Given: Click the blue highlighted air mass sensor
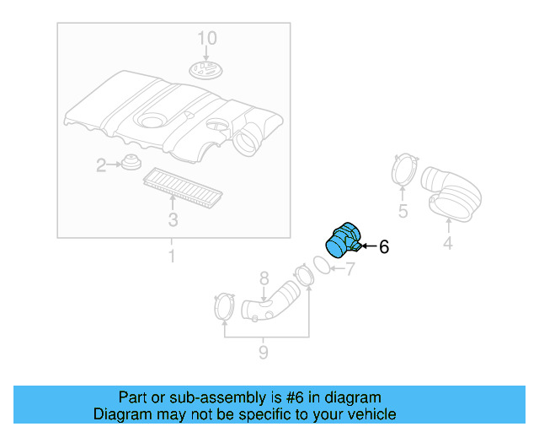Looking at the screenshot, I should (x=343, y=240).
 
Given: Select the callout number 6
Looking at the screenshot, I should (x=384, y=247).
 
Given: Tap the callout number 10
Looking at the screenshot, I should (x=207, y=38).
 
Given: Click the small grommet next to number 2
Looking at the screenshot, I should (x=130, y=162).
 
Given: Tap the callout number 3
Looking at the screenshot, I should (x=173, y=220).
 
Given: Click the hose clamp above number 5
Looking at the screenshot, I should (x=404, y=170).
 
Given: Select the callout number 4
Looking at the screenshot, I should (x=448, y=244).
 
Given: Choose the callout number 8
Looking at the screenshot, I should (x=264, y=278).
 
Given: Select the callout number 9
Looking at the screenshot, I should (x=264, y=352).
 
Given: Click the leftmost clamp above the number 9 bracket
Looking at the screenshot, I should (x=223, y=306).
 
